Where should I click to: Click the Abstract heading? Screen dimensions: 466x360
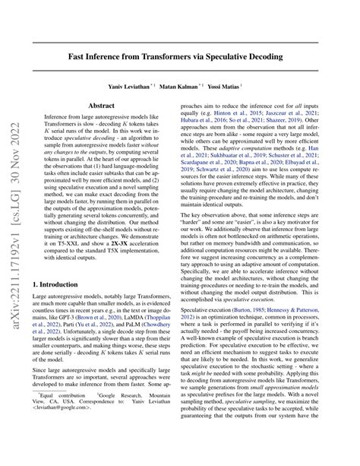pyautogui.click(x=102, y=107)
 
